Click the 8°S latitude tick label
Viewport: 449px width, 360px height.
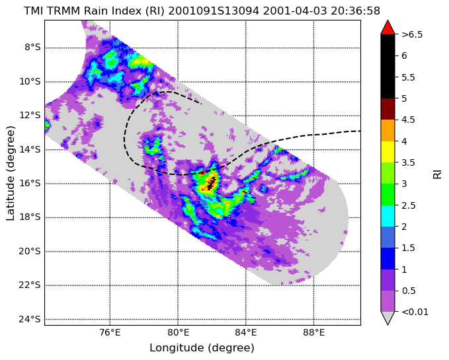32,47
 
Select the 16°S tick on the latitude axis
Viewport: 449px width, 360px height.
30,183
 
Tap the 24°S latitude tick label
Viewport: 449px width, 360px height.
30,319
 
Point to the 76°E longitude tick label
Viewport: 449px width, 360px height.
110,332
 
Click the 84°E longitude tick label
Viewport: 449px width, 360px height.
246,332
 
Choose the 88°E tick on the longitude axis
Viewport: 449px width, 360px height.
314,332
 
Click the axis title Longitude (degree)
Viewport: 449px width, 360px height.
202,347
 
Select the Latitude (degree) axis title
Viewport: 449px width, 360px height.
11,173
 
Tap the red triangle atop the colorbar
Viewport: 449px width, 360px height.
388,28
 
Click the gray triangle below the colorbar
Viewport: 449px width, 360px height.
388,318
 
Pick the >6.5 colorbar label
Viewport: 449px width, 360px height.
412,34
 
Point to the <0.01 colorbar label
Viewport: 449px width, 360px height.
415,312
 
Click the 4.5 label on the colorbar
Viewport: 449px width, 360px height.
409,120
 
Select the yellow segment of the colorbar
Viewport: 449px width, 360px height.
388,152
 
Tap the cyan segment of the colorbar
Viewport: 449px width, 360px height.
388,216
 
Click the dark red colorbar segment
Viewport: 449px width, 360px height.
388,109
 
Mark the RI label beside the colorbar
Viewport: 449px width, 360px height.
437,173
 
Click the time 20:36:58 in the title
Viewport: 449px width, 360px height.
355,11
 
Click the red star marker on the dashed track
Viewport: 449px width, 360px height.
202,172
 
